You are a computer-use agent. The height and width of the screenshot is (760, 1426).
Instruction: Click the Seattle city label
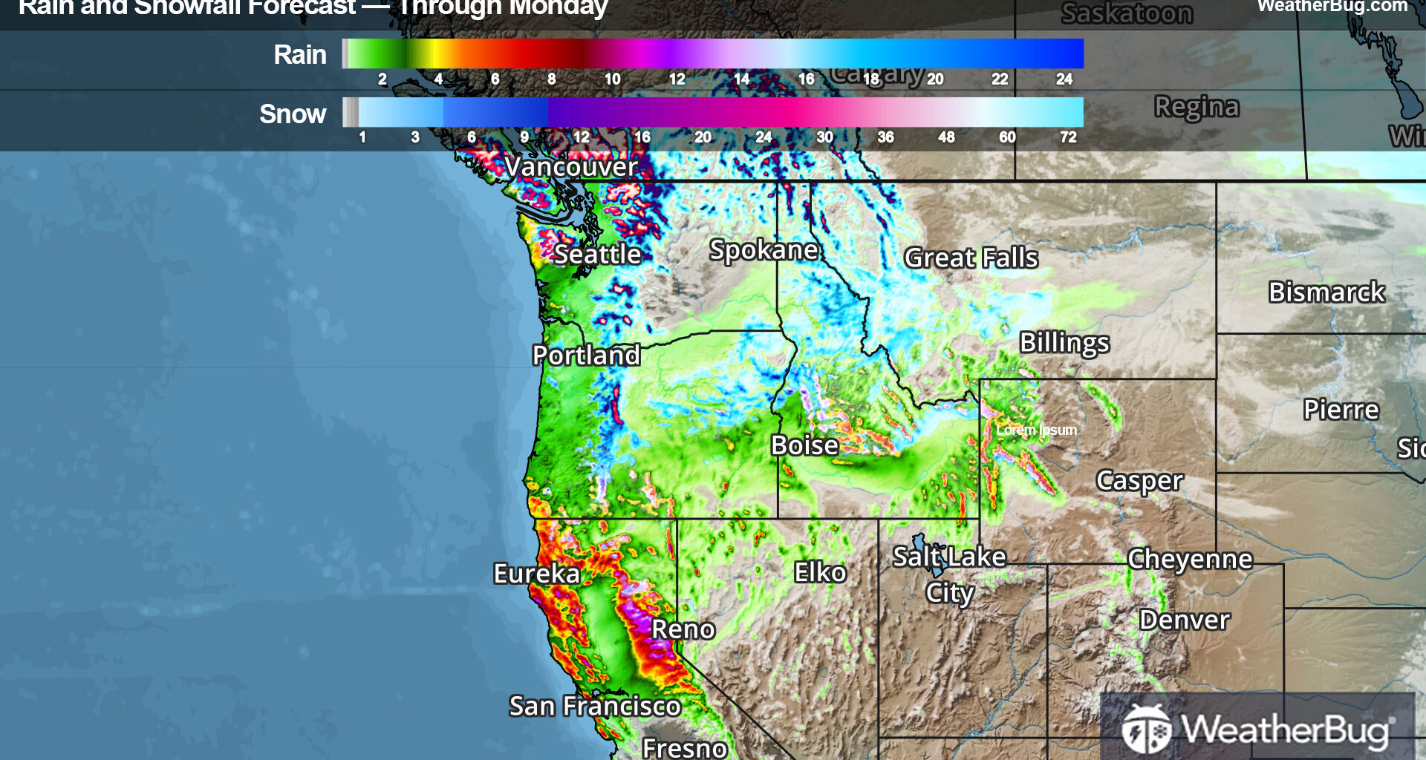tap(597, 255)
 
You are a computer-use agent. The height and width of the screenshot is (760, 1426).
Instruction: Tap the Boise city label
tap(804, 445)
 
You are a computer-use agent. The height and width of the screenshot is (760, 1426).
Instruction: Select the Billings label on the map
tap(1064, 343)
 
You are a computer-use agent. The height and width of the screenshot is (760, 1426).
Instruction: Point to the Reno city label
tap(683, 629)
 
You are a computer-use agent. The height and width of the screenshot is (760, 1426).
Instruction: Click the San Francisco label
tap(594, 706)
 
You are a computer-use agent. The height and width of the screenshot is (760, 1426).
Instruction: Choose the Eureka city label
tap(536, 574)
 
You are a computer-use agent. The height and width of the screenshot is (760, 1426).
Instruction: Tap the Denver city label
tap(1184, 620)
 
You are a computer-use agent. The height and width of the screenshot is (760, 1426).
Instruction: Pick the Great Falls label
tap(971, 258)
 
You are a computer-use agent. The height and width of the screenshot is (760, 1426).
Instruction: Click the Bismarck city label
tap(1326, 292)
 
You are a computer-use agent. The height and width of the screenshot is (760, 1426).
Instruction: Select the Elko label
tap(820, 572)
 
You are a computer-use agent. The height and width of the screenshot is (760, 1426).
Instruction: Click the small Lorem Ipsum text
tap(1036, 430)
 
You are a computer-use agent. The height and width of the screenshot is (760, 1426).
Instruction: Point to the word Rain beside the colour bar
tap(299, 55)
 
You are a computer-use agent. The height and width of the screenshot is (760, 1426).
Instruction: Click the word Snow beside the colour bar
tap(293, 114)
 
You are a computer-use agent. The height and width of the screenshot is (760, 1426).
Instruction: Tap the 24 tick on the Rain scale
tap(1064, 79)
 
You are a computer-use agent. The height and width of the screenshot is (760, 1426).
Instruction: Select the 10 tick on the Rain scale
tap(612, 79)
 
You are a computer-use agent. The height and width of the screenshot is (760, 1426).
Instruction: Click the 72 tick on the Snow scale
tap(1068, 137)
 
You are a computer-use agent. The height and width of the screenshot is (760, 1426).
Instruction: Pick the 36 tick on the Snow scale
tap(885, 137)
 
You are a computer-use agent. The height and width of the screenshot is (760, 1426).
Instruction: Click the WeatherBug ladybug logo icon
tap(1146, 729)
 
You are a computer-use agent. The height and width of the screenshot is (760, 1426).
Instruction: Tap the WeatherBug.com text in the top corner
tap(1332, 6)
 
